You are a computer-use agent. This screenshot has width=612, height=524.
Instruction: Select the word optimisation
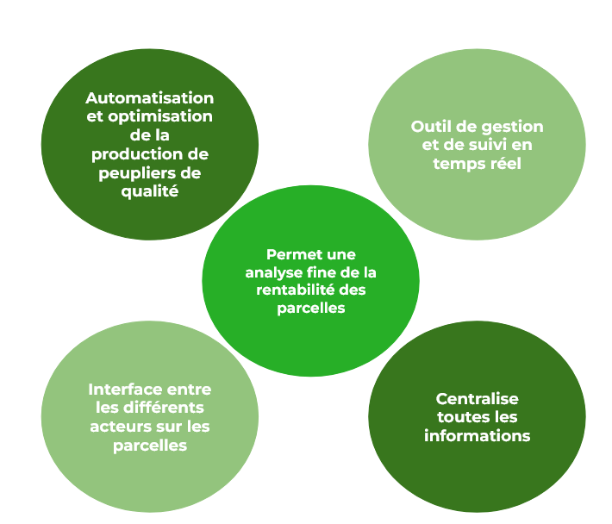pyautogui.click(x=162, y=116)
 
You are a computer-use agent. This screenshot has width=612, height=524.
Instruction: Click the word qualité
pyautogui.click(x=150, y=192)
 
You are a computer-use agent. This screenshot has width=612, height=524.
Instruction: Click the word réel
pyautogui.click(x=504, y=164)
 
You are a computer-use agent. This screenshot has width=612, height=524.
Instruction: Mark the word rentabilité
pyautogui.click(x=296, y=290)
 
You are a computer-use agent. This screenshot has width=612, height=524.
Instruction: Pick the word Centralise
pyautogui.click(x=477, y=399)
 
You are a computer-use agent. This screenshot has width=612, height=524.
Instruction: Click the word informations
pyautogui.click(x=477, y=436)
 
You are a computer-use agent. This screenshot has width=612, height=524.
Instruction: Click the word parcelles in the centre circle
pyautogui.click(x=311, y=308)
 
